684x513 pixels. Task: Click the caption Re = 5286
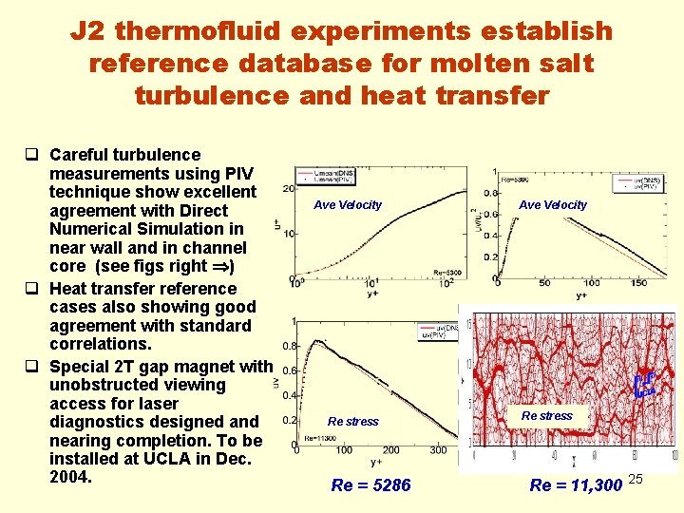(370, 485)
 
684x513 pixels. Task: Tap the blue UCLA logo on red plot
(645, 385)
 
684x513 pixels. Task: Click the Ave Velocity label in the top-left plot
(348, 204)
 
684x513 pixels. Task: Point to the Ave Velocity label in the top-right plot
(553, 204)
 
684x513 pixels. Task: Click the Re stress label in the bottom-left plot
(352, 421)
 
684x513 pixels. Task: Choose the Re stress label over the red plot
(547, 415)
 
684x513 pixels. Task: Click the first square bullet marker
(32, 155)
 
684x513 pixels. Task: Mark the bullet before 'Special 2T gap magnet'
(32, 367)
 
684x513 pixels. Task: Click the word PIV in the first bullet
(237, 173)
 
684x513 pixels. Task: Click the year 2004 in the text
(68, 477)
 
